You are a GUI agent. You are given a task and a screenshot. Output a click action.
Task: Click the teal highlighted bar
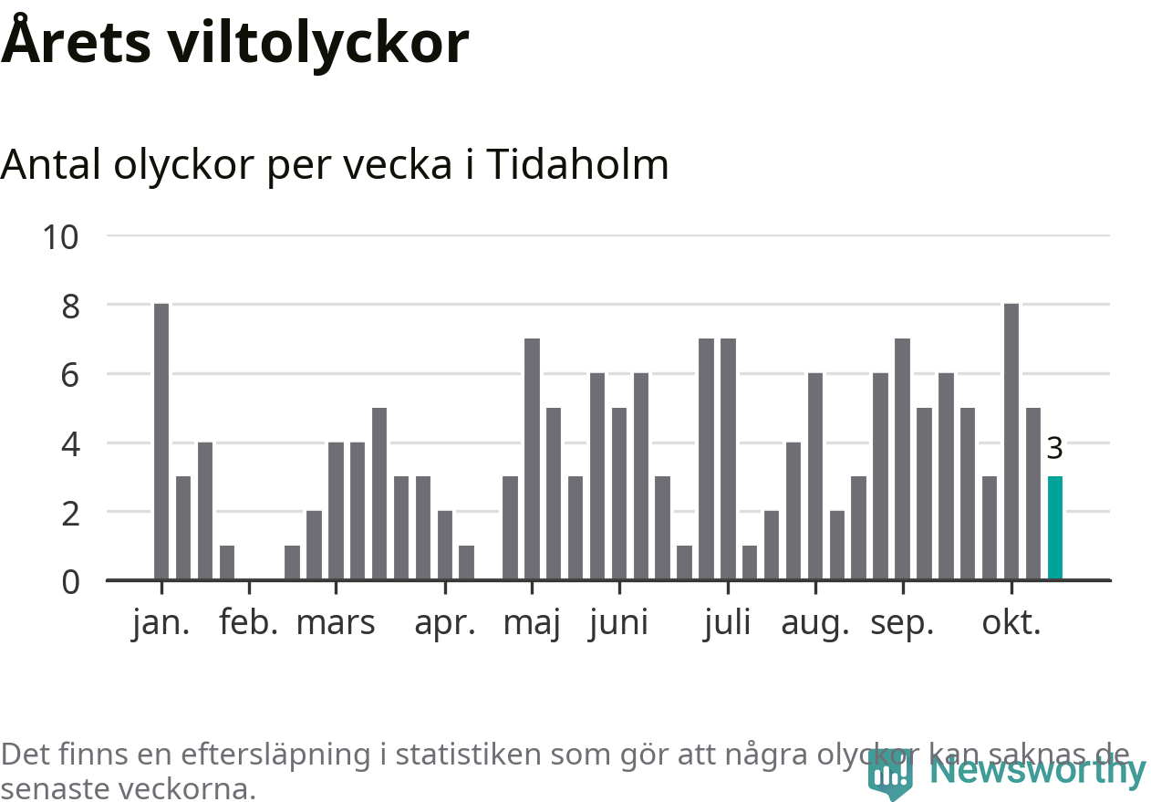point(1055,527)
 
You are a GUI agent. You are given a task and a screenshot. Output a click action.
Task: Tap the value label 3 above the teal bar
point(1054,449)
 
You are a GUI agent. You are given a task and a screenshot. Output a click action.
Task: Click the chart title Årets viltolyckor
point(235,42)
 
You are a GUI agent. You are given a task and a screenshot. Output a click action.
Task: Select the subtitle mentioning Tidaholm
point(335,165)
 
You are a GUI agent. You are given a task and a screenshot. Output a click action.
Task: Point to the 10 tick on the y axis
point(61,237)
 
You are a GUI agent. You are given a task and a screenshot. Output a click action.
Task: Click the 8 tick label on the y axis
point(71,307)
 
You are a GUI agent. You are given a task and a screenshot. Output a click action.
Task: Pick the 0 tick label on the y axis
point(71,582)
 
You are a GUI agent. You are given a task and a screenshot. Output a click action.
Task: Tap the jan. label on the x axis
point(161,623)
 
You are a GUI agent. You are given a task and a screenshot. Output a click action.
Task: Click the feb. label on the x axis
point(249,623)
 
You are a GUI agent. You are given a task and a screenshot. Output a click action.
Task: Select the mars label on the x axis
point(336,623)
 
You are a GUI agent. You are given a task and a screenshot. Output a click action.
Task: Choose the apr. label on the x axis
point(445,623)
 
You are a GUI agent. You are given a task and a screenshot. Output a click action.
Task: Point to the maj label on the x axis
point(532,623)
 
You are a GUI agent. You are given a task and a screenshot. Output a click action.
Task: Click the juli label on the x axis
point(728,623)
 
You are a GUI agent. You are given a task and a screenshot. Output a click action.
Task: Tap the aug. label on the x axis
point(815,623)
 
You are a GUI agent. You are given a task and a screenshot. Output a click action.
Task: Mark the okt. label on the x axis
point(1011,623)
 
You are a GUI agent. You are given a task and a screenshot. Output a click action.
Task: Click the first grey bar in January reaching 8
point(161,442)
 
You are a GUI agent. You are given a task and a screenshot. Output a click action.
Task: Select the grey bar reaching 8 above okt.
point(1011,442)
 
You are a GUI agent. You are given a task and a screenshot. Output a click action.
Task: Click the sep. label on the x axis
point(903,623)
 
